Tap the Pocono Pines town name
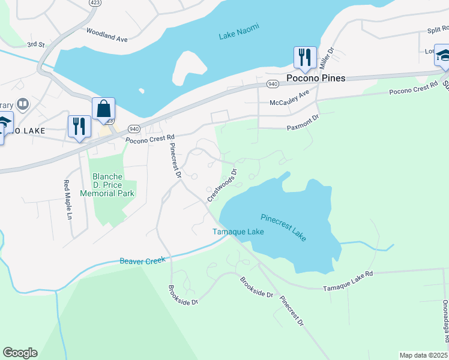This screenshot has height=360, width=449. coord(316,78)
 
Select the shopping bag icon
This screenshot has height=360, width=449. coord(103,110)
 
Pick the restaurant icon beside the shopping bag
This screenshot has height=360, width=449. coord(79,127)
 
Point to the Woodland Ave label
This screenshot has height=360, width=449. coord(107,34)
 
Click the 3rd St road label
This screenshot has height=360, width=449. coord(36,44)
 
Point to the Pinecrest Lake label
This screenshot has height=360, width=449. coord(283,227)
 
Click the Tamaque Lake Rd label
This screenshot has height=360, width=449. coord(348,274)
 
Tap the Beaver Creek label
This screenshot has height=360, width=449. coord(142,260)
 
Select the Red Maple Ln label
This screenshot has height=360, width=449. coord(68,200)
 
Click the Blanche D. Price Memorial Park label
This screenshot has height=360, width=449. coord(113,185)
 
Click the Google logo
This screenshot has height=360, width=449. coord(20,353)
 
